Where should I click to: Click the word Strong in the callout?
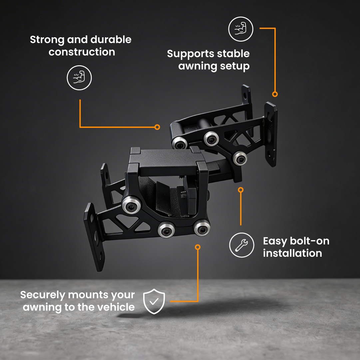[x=47, y=40]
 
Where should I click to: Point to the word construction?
[x=82, y=52]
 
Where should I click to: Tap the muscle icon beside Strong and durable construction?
[x=79, y=78]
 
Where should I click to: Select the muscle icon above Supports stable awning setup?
[x=240, y=29]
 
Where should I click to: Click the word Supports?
[x=191, y=54]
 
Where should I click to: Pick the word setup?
[x=234, y=66]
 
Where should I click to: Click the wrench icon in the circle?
[x=241, y=245]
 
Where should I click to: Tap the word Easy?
[x=275, y=241]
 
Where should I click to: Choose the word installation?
[x=292, y=253]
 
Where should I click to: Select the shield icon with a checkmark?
[x=154, y=301]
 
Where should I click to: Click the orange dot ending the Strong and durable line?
[x=157, y=127]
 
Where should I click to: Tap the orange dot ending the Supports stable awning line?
[x=275, y=94]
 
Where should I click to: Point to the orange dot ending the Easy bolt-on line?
[x=241, y=190]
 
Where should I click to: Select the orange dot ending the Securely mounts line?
[x=198, y=247]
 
